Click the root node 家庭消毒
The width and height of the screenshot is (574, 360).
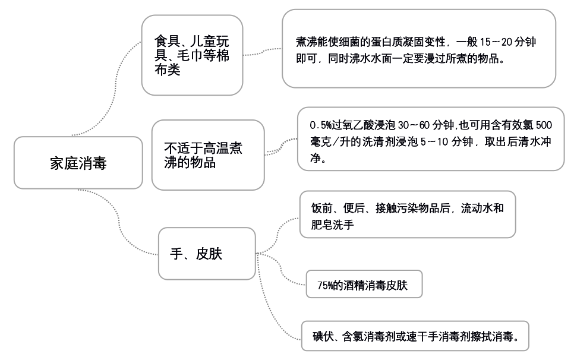[x=78, y=163]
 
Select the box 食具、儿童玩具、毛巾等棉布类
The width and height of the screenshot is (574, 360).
[x=192, y=55]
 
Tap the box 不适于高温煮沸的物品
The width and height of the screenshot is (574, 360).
[x=208, y=155]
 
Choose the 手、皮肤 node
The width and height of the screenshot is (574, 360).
[x=207, y=254]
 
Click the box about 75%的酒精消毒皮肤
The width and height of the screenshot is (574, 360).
[x=364, y=285]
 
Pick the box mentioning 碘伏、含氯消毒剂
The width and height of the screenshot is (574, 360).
[x=415, y=336]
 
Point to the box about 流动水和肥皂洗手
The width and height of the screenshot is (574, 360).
[x=408, y=214]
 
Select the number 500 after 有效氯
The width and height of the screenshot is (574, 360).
[x=544, y=125]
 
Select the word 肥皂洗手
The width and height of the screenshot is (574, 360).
[x=332, y=224]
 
